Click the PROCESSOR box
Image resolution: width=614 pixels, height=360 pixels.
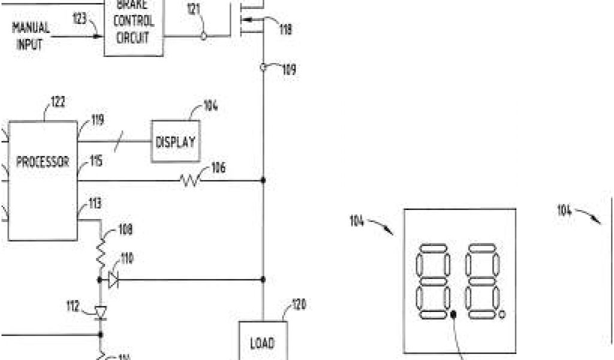(43, 180)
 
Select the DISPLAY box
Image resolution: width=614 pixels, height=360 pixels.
(175, 142)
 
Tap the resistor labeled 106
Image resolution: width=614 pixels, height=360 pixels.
(191, 179)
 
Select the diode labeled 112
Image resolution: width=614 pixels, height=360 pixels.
(100, 311)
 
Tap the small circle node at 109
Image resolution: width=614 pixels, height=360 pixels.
(263, 67)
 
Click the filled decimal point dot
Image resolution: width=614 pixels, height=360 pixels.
(453, 314)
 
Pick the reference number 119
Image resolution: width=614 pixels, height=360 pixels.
(97, 120)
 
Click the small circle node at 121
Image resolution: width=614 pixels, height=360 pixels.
(204, 36)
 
